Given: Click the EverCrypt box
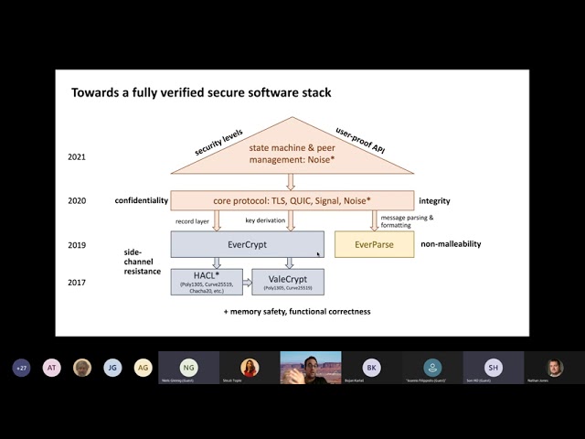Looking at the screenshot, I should click(x=247, y=244).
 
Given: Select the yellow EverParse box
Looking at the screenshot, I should click(x=374, y=244).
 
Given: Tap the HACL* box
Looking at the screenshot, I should click(x=205, y=281).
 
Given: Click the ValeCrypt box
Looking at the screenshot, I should click(x=287, y=281).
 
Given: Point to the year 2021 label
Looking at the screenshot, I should click(x=77, y=156).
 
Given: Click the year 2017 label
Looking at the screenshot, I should click(x=77, y=282).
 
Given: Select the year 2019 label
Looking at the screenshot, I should click(x=77, y=245).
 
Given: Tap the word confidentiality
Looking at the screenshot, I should click(x=141, y=200).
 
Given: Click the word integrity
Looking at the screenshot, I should click(x=435, y=200).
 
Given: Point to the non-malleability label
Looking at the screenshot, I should click(x=451, y=244).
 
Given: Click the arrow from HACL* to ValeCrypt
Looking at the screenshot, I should click(x=247, y=282).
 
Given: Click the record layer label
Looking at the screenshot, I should click(x=193, y=221).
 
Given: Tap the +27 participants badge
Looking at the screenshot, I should click(x=21, y=368).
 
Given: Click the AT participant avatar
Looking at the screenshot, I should click(x=52, y=368).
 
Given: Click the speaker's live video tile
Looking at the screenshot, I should click(x=311, y=368).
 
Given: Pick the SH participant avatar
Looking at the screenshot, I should click(x=493, y=368).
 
